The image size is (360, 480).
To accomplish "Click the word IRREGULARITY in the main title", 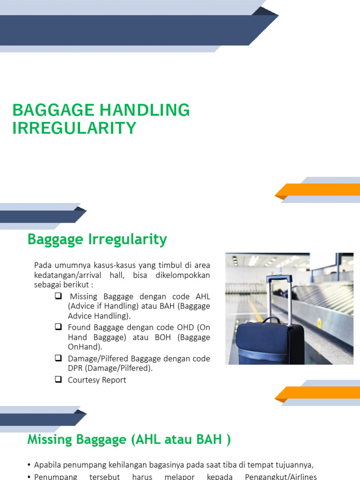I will tap(74, 128).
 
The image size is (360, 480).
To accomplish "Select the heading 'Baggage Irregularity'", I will tap(97, 240).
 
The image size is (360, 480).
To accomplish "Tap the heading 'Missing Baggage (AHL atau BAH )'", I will tap(129, 440).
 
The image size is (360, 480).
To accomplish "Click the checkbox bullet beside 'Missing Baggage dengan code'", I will tap(59, 296).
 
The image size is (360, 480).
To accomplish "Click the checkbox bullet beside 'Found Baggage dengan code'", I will tap(59, 327).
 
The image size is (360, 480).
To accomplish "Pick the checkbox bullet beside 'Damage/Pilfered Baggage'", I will tap(59, 358).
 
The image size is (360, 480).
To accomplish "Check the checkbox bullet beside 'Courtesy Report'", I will tap(59, 380).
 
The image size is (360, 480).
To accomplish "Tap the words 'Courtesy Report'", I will tap(97, 380).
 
